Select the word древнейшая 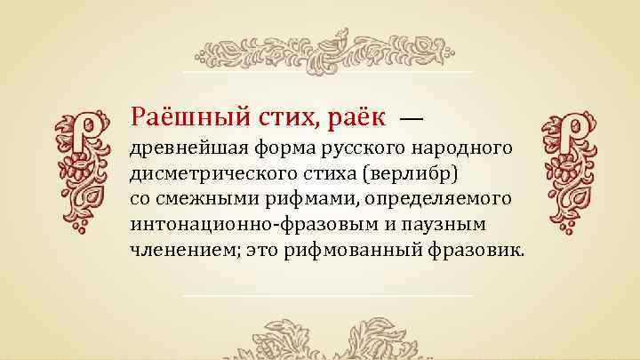pyautogui.click(x=182, y=146)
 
